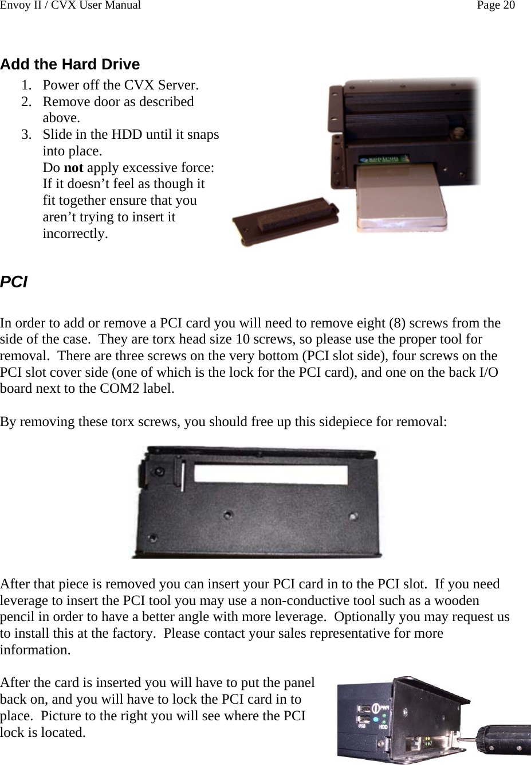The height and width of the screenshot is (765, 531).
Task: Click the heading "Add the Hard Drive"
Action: coord(70,64)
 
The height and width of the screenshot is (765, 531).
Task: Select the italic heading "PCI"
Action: coord(14,282)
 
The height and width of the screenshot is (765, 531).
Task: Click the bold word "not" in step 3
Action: coord(73,168)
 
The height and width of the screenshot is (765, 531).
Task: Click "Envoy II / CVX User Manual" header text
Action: coord(70,6)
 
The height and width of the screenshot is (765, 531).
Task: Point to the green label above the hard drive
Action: coord(384,158)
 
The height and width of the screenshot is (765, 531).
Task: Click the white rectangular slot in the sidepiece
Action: coord(271,474)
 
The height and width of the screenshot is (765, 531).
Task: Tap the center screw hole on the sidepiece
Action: coord(228,515)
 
